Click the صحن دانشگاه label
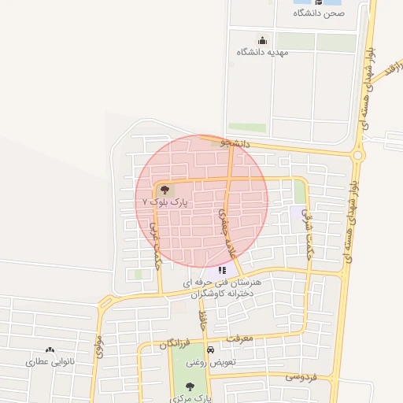(320, 13)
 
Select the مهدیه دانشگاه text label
(263, 52)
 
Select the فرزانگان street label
(175, 344)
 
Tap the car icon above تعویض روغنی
(209, 350)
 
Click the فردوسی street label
(301, 377)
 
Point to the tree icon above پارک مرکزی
(190, 386)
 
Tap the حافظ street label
(203, 320)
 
